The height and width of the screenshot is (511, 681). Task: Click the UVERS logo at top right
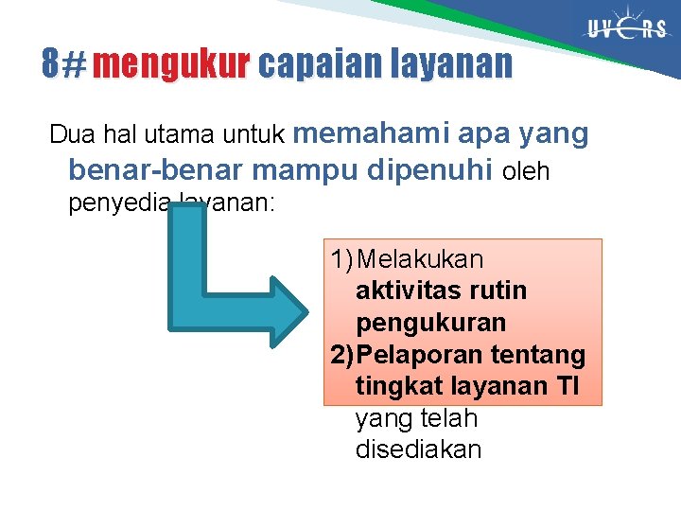tap(626, 28)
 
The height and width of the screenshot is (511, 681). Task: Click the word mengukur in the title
tap(171, 64)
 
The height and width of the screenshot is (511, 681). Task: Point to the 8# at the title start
tap(62, 64)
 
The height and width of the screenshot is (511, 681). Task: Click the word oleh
tap(527, 172)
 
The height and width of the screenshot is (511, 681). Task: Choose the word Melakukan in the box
tap(422, 258)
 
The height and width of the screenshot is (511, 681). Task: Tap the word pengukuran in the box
tap(431, 323)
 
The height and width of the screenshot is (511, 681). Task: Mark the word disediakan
tap(418, 449)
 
